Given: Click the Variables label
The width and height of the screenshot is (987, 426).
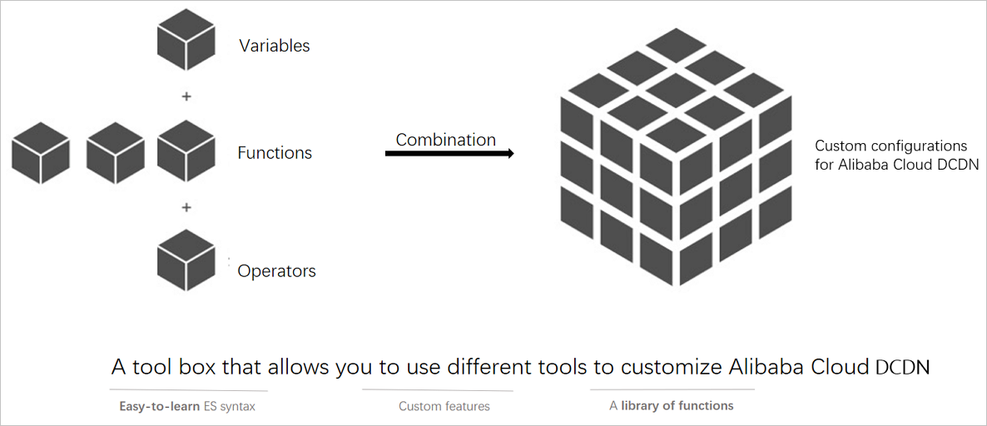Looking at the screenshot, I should tap(275, 46).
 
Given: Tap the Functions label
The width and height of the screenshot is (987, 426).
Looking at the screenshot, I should tap(275, 153).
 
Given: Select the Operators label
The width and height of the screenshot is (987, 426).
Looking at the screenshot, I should tap(276, 271).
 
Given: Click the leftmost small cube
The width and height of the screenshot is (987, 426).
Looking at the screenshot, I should tap(40, 151).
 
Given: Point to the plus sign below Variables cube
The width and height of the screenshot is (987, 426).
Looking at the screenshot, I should tap(186, 97).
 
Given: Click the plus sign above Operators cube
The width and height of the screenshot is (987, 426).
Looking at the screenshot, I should tap(186, 207).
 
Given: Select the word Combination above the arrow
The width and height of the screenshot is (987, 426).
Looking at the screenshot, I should tap(445, 140).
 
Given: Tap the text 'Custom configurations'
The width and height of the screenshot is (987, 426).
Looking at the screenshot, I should tap(890, 146).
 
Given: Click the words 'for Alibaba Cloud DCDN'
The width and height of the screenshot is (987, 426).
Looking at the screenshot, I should tap(896, 165).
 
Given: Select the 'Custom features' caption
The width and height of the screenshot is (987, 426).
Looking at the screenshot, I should tap(444, 407).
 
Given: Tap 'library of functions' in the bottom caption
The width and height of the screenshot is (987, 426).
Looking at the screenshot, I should tap(677, 406).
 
